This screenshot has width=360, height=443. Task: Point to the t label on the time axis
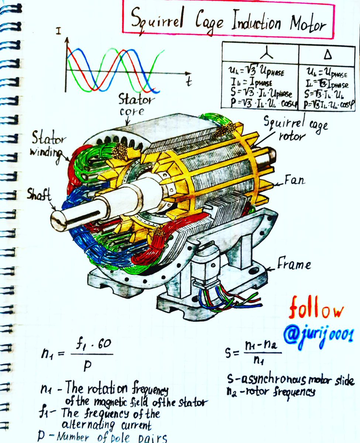(189, 82)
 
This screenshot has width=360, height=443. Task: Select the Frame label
(294, 265)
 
